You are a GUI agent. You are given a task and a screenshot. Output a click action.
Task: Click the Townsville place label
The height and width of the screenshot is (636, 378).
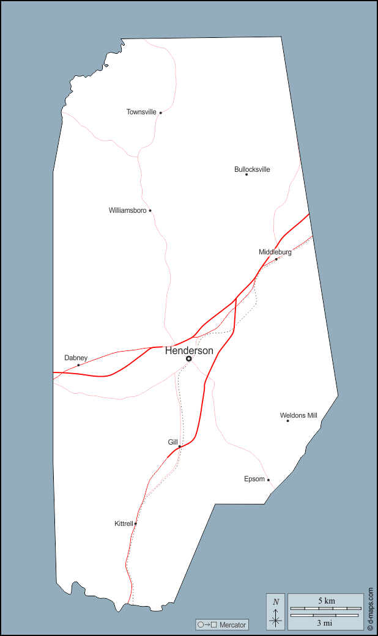click(x=141, y=112)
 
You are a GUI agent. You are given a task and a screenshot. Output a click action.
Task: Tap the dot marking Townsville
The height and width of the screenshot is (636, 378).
click(x=161, y=113)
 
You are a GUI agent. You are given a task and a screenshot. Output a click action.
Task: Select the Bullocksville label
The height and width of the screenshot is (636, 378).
click(x=252, y=169)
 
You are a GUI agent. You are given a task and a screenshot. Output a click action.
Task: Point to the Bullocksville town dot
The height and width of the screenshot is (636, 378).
click(x=246, y=174)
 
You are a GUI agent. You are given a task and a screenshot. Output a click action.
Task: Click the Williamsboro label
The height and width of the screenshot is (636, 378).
click(x=127, y=210)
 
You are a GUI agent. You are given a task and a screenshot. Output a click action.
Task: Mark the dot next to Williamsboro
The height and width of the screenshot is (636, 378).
click(x=150, y=210)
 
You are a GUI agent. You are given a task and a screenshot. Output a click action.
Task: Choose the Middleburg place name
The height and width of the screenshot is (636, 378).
click(x=275, y=252)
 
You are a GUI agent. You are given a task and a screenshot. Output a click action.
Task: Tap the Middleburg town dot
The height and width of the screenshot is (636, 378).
click(x=276, y=259)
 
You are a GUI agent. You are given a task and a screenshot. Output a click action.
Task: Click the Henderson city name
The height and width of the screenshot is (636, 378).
click(x=189, y=350)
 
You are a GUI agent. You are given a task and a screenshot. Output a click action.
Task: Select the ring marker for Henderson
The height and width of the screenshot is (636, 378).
click(x=189, y=358)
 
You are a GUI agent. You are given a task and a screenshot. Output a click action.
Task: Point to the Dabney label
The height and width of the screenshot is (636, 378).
click(x=76, y=358)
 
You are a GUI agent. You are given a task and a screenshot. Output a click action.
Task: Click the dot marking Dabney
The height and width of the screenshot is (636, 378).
click(x=78, y=365)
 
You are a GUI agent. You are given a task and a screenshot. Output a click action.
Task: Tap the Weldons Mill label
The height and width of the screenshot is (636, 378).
click(x=298, y=416)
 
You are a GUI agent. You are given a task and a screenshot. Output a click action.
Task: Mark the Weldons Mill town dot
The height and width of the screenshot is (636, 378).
click(x=287, y=421)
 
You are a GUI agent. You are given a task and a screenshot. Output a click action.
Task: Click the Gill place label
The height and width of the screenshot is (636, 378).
click(x=172, y=442)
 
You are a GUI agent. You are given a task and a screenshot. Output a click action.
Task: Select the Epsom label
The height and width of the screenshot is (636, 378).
click(x=254, y=479)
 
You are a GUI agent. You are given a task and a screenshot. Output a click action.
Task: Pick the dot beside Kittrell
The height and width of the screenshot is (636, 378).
click(x=136, y=523)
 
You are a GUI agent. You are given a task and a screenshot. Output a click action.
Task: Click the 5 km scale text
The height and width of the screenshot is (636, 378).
click(x=327, y=601)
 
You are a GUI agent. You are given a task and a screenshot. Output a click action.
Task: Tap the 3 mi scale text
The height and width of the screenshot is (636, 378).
click(x=324, y=623)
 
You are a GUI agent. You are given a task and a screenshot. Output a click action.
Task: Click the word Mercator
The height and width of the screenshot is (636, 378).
click(x=232, y=625)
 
